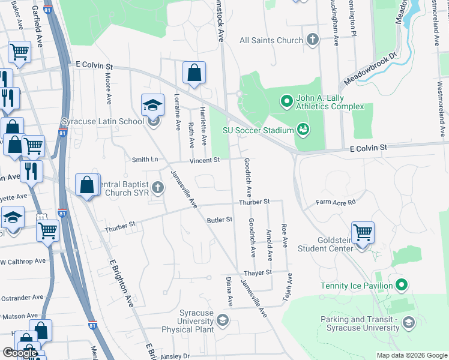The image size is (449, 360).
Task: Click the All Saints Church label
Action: pyautogui.click(x=271, y=40)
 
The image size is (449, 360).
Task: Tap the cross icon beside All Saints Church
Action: pyautogui.click(x=312, y=40)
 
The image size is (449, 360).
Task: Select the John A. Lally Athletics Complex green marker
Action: pyautogui.click(x=286, y=100)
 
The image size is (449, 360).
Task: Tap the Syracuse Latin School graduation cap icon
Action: pyautogui.click(x=153, y=106)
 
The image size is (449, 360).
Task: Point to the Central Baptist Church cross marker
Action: pyautogui.click(x=158, y=188)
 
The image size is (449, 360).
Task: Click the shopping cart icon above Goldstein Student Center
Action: pyautogui.click(x=363, y=232)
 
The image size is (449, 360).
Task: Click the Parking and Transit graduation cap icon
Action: pyautogui.click(x=408, y=323)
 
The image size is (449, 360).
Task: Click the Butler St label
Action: pyautogui.click(x=219, y=220)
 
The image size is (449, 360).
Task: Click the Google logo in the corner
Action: pyautogui.click(x=20, y=353)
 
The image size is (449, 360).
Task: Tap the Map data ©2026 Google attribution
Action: pyautogui.click(x=411, y=355)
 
